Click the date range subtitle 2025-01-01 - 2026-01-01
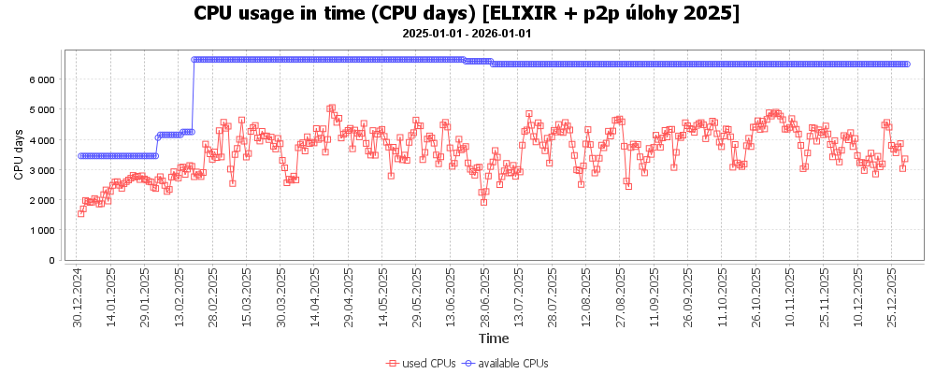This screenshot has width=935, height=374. click(x=467, y=33)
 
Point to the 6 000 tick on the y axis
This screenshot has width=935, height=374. click(x=42, y=80)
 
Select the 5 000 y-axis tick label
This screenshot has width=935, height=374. click(x=42, y=110)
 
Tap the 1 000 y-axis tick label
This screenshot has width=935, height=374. click(x=42, y=230)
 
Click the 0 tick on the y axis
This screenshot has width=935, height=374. click(x=51, y=260)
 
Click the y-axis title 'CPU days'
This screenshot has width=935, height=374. click(x=19, y=154)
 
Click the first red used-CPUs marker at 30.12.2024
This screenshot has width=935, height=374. click(x=80, y=213)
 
